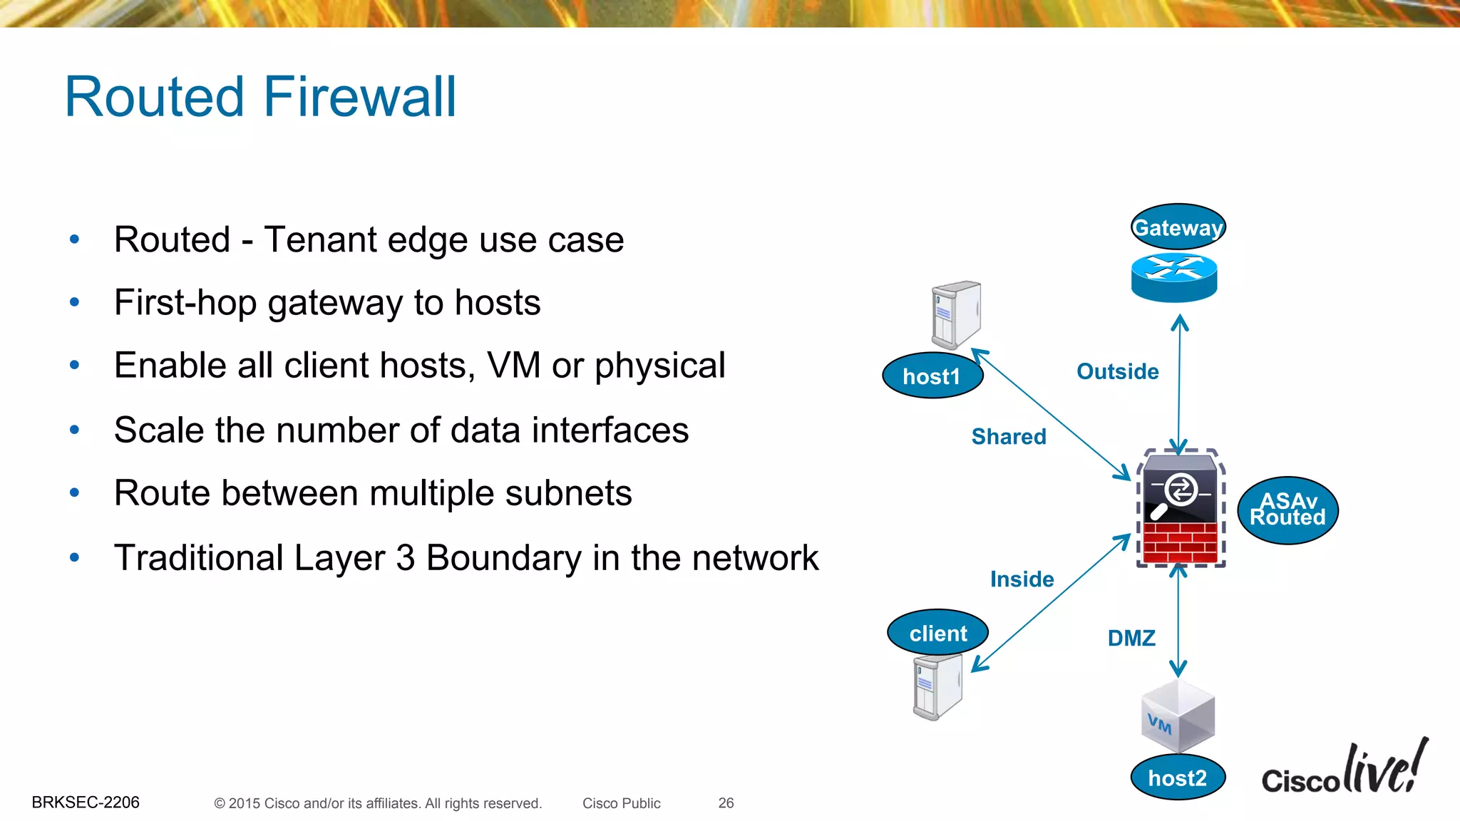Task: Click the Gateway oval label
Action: click(x=1178, y=227)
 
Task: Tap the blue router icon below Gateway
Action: click(x=1174, y=277)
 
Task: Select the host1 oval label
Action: click(x=932, y=376)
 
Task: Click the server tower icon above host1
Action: click(x=956, y=314)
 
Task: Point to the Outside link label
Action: click(x=1117, y=371)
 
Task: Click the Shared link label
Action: click(x=1009, y=436)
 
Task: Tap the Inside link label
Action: click(x=1022, y=579)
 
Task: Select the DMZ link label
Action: click(x=1131, y=638)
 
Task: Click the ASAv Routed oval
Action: click(x=1287, y=510)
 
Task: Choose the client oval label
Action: click(x=937, y=633)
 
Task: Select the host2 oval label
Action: click(x=1178, y=778)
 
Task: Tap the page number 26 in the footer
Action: click(x=726, y=803)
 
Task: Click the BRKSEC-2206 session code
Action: click(x=86, y=802)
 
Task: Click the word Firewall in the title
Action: click(x=360, y=97)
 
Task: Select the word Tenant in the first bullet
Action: click(x=320, y=239)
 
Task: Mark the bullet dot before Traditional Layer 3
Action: click(x=74, y=557)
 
